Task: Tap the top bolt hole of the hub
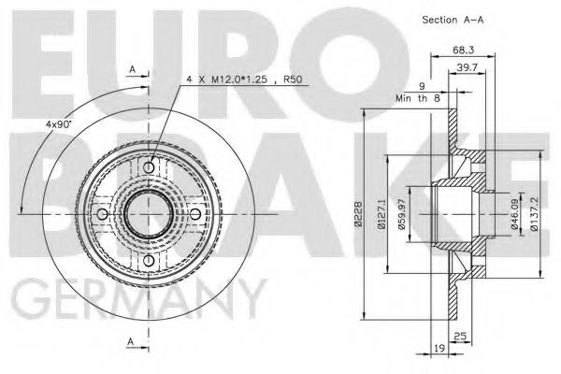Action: coord(151,168)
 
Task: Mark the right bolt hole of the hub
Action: coord(195,213)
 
